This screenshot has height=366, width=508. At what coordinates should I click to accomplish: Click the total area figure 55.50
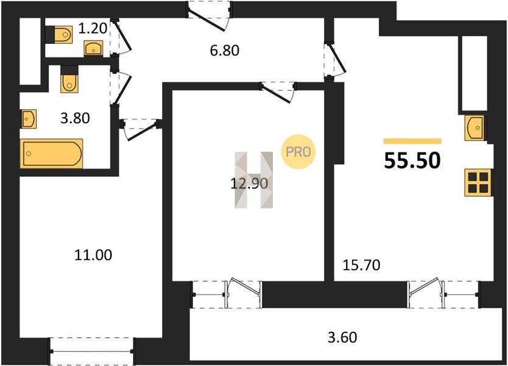coord(412,160)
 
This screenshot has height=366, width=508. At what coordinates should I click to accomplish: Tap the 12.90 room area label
coord(249,184)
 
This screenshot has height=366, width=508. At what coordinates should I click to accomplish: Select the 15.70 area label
coord(361,265)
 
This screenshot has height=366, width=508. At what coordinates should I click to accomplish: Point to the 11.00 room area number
coord(93,255)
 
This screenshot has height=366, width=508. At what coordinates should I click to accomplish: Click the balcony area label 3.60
coord(342,337)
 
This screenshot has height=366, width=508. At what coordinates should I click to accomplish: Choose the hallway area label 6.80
coord(225,51)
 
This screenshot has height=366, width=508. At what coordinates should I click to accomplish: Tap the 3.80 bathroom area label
coord(75,118)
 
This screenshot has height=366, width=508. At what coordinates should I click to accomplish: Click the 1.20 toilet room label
coord(93,29)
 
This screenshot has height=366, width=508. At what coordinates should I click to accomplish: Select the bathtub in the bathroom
coord(51,154)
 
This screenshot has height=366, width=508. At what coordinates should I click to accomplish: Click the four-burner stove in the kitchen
coord(478,182)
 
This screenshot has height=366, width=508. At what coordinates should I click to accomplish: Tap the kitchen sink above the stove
coord(474,128)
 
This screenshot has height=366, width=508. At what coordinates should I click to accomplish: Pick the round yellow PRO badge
coord(298,151)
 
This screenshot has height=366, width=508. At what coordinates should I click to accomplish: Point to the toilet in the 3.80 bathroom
coord(69,79)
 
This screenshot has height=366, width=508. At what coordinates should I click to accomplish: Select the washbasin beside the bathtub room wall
coord(29,119)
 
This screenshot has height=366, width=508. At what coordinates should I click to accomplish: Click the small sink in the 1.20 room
coord(94,48)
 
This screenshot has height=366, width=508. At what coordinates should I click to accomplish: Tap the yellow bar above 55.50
coord(412,141)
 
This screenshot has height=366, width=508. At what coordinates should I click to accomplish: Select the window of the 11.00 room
coord(92,351)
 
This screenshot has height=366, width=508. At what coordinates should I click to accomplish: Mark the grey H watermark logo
coord(253,179)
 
